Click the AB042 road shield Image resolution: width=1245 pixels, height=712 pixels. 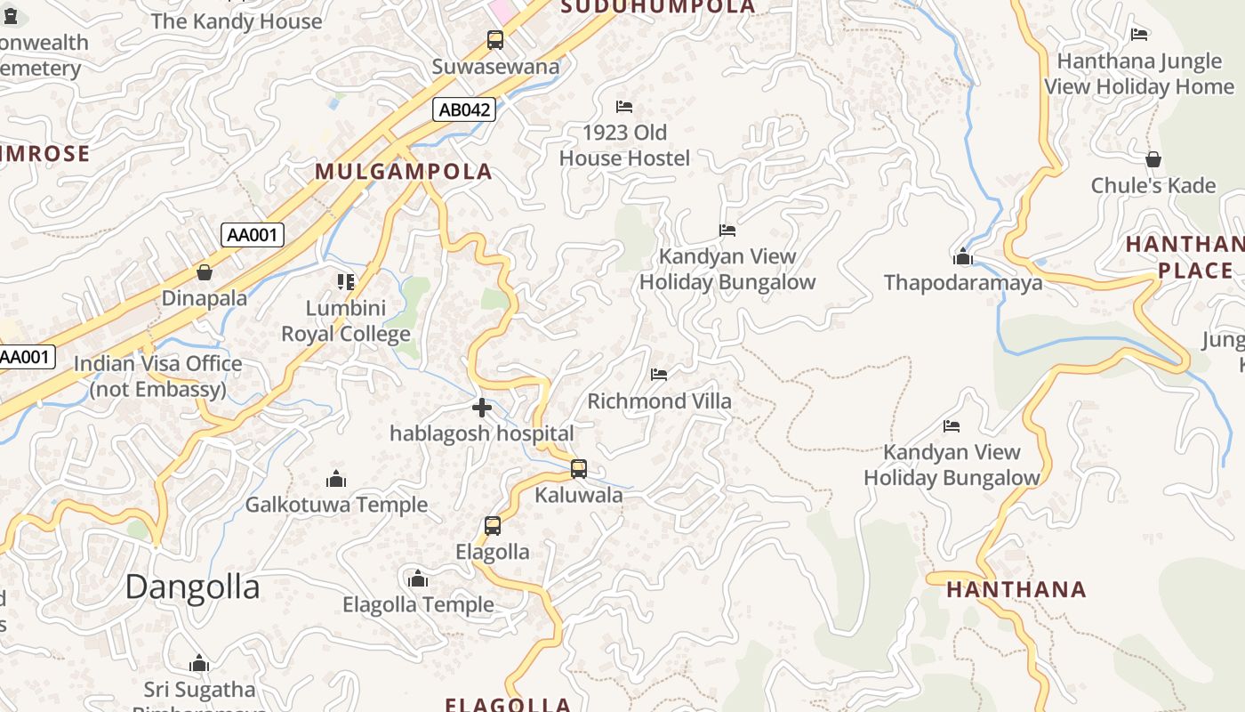[464, 109]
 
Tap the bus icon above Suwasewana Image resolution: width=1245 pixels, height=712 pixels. [495, 40]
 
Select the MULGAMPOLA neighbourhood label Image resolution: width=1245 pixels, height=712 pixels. [403, 172]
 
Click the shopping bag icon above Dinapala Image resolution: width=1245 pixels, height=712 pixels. [205, 272]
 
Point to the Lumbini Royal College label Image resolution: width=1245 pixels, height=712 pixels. [346, 321]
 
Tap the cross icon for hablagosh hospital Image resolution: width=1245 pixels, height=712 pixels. [482, 408]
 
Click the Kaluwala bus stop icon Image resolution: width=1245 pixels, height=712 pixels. [579, 468]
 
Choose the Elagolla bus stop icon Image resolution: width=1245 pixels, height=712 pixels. [493, 526]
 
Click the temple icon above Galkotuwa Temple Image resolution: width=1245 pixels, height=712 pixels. [336, 479]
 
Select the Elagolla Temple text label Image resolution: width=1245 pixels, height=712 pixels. [418, 605]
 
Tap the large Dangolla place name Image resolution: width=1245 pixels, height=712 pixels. [192, 587]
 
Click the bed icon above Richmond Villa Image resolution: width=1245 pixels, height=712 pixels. [659, 375]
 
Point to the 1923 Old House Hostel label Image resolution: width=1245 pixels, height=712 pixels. [624, 146]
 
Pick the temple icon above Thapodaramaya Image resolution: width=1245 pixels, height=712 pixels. [962, 257]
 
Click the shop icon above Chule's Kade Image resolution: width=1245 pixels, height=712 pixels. [1153, 160]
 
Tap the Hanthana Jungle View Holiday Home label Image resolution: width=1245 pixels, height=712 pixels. [1139, 75]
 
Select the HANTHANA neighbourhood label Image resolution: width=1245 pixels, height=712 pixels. [1016, 589]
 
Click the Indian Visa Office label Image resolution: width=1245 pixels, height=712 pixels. [157, 376]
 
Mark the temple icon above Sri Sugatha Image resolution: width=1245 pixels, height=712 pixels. [199, 663]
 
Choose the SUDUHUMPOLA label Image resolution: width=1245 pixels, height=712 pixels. [658, 7]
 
